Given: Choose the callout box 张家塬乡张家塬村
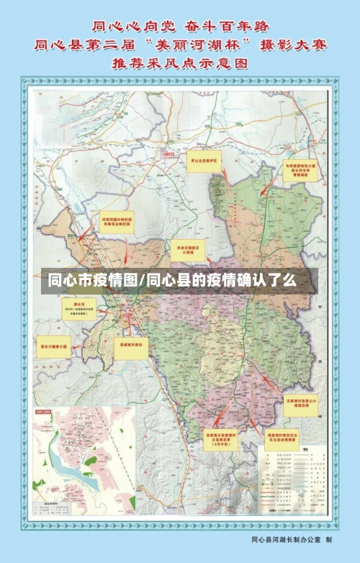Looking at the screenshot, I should tap(204, 439).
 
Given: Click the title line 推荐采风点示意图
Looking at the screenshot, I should tap(179, 63).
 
